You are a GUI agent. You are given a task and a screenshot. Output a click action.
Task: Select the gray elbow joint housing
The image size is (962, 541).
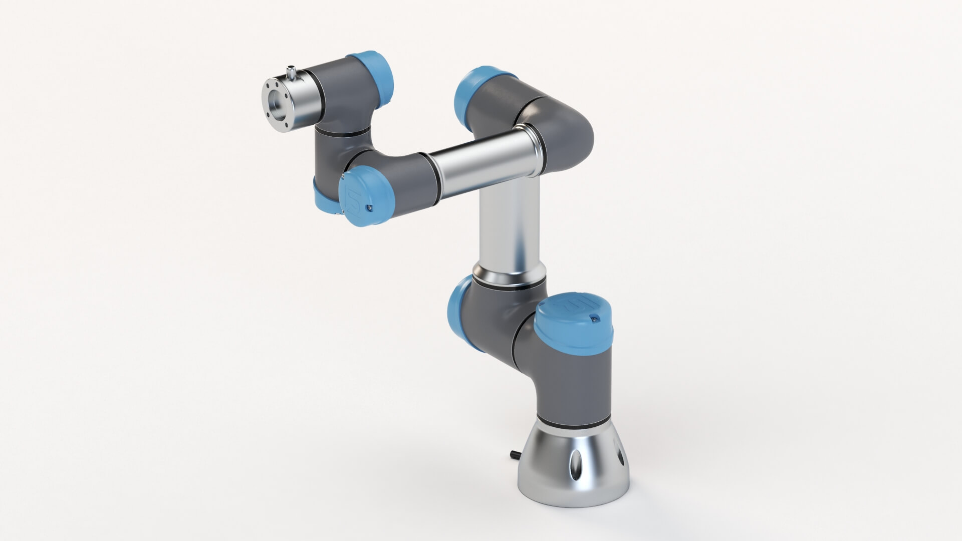556,125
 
